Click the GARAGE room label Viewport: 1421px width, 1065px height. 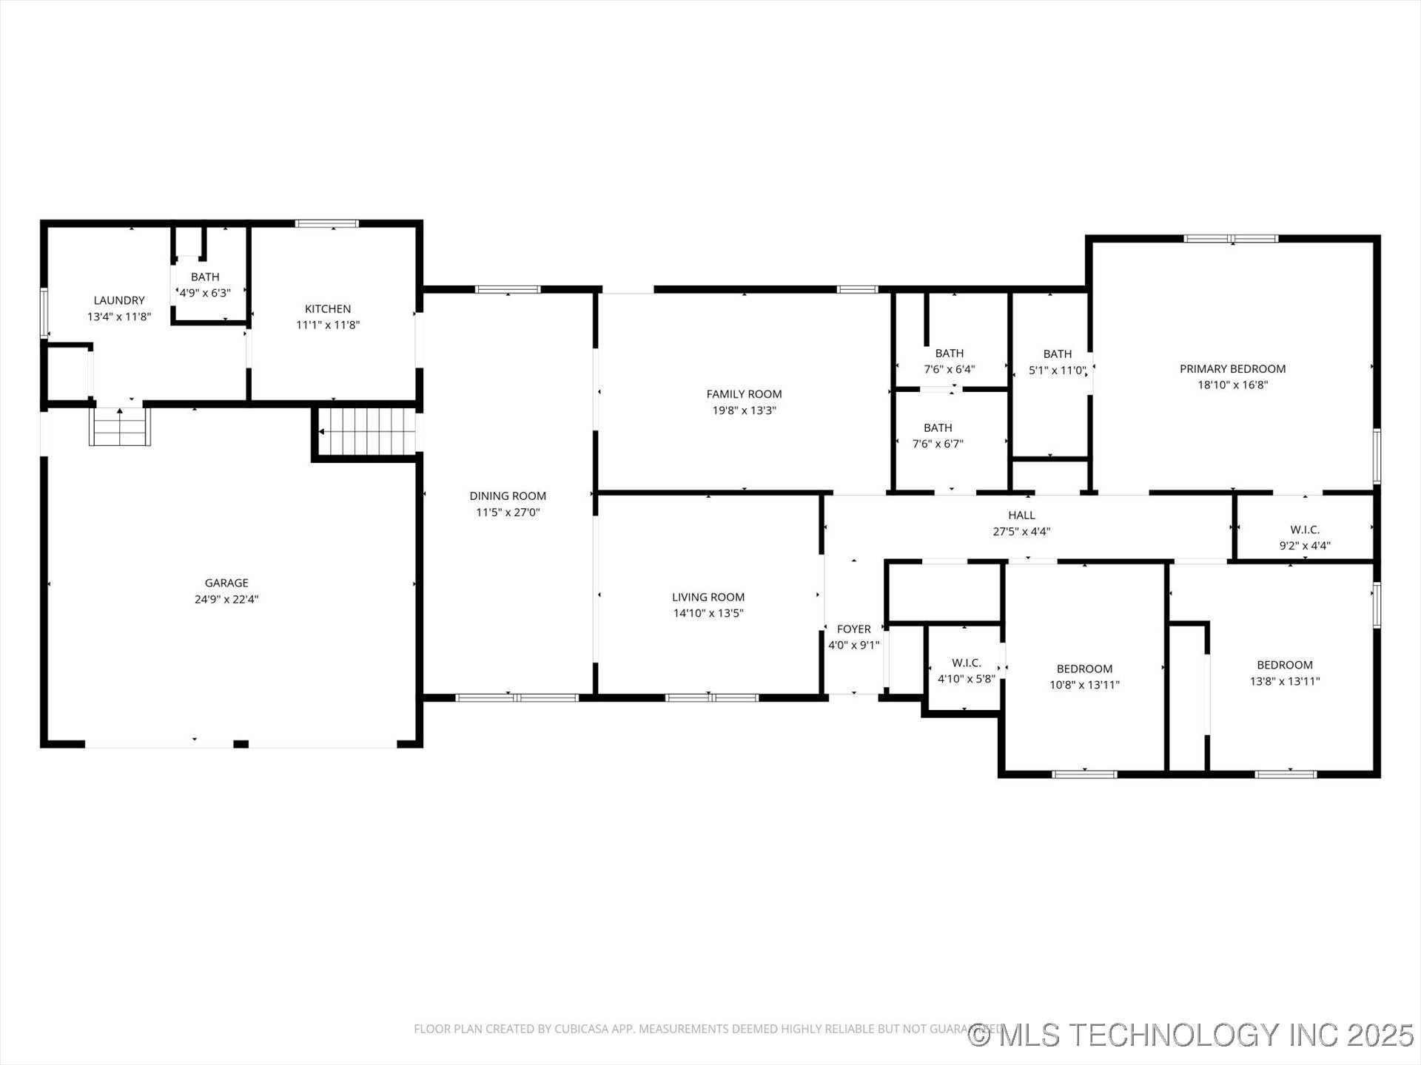click(x=226, y=583)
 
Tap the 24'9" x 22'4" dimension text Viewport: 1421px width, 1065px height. click(x=226, y=599)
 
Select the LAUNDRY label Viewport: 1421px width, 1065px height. click(x=119, y=300)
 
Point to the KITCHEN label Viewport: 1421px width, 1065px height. click(x=328, y=308)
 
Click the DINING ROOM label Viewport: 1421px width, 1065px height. click(x=508, y=496)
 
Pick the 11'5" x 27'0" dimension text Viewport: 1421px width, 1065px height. click(x=508, y=512)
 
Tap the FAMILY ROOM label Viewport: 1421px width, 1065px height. click(x=744, y=394)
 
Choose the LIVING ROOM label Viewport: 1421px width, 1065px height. click(x=708, y=597)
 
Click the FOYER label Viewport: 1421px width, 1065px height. click(x=853, y=629)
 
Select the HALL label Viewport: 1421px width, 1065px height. click(x=1021, y=515)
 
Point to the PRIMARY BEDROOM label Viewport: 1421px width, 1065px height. click(x=1232, y=368)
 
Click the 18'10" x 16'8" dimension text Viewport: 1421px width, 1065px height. click(x=1232, y=385)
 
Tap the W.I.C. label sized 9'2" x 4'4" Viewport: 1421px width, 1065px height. click(x=1305, y=530)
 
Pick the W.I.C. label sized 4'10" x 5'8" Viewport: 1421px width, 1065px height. click(x=967, y=663)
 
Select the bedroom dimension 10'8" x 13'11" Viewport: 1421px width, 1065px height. click(x=1084, y=685)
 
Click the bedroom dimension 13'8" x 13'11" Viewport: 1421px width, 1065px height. click(x=1285, y=681)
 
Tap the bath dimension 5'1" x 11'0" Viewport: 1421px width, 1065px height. click(x=1057, y=371)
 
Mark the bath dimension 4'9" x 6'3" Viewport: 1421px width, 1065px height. click(x=205, y=293)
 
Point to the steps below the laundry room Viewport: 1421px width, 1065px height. click(x=120, y=427)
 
